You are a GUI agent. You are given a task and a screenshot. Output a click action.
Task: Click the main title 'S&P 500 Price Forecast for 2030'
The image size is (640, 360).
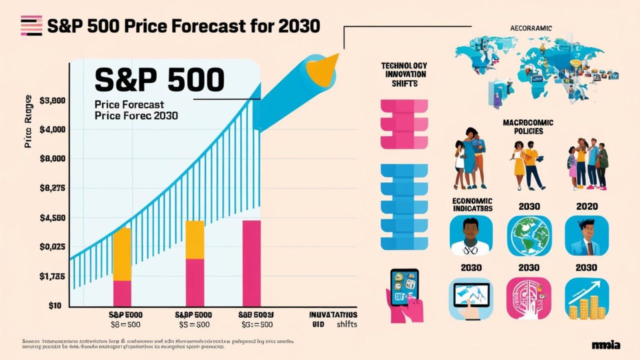coord(183,25)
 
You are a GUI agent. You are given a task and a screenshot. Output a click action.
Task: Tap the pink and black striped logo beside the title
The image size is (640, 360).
coord(31,25)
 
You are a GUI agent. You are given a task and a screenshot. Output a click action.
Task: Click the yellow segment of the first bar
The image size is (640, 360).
coord(122,254)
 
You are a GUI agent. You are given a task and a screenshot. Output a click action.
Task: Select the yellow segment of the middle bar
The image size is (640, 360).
coord(195,239)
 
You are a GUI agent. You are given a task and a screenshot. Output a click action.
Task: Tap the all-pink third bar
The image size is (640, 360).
coord(251,263)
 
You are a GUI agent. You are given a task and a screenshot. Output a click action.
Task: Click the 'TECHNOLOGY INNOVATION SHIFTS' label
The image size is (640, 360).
coord(404,74)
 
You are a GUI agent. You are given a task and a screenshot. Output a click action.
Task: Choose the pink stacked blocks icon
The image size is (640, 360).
coord(404,124)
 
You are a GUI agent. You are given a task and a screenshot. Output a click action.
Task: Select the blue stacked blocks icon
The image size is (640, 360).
coord(404,206)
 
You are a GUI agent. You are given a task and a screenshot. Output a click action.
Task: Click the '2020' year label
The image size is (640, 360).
coord(586,206)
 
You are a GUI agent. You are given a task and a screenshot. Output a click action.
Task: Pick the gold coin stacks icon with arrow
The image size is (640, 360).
coord(586,299)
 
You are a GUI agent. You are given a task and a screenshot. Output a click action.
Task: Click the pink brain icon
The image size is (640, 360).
coord(529,299)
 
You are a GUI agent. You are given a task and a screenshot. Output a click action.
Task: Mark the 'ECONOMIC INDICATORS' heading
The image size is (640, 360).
coord(472,204)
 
